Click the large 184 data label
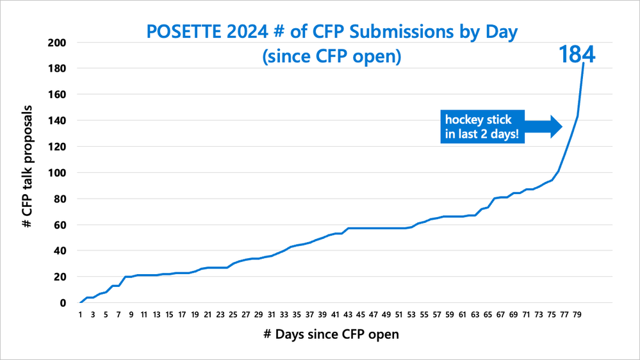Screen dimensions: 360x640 point(577,54)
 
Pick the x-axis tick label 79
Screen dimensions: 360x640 point(577,315)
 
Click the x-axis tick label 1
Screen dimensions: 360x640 point(81,315)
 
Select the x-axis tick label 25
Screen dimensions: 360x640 point(233,315)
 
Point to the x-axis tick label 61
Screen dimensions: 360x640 point(462,315)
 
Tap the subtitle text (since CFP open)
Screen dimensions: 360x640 point(331,56)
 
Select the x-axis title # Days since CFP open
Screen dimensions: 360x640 point(331,335)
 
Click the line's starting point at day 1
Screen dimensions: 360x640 point(81,302)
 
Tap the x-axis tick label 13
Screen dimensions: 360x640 point(157,315)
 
